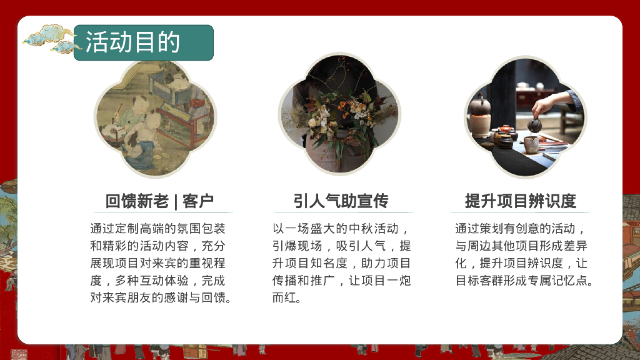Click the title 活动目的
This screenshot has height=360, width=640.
132,42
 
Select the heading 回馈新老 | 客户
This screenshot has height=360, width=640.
159,201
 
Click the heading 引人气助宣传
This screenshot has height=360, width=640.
341,201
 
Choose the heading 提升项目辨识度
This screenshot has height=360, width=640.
520,201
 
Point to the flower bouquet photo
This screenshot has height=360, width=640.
339,119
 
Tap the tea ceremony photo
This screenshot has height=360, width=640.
525,119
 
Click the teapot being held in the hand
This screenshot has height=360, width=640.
534,124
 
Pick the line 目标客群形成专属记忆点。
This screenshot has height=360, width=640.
524,281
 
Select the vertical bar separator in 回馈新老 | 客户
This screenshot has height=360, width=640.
176,201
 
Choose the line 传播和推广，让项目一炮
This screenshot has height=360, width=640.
341,281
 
